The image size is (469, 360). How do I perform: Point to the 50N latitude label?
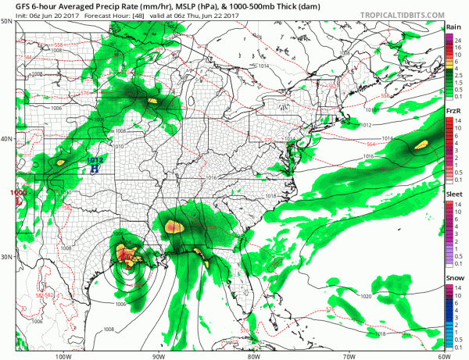pyautogui.click(x=7, y=21)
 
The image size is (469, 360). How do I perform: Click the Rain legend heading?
pyautogui.click(x=453, y=27)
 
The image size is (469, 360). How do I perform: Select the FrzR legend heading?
pyautogui.click(x=453, y=112)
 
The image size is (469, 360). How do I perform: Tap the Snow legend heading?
pyautogui.click(x=453, y=279)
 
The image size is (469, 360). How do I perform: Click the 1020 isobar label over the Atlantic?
pyautogui.click(x=366, y=297)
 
